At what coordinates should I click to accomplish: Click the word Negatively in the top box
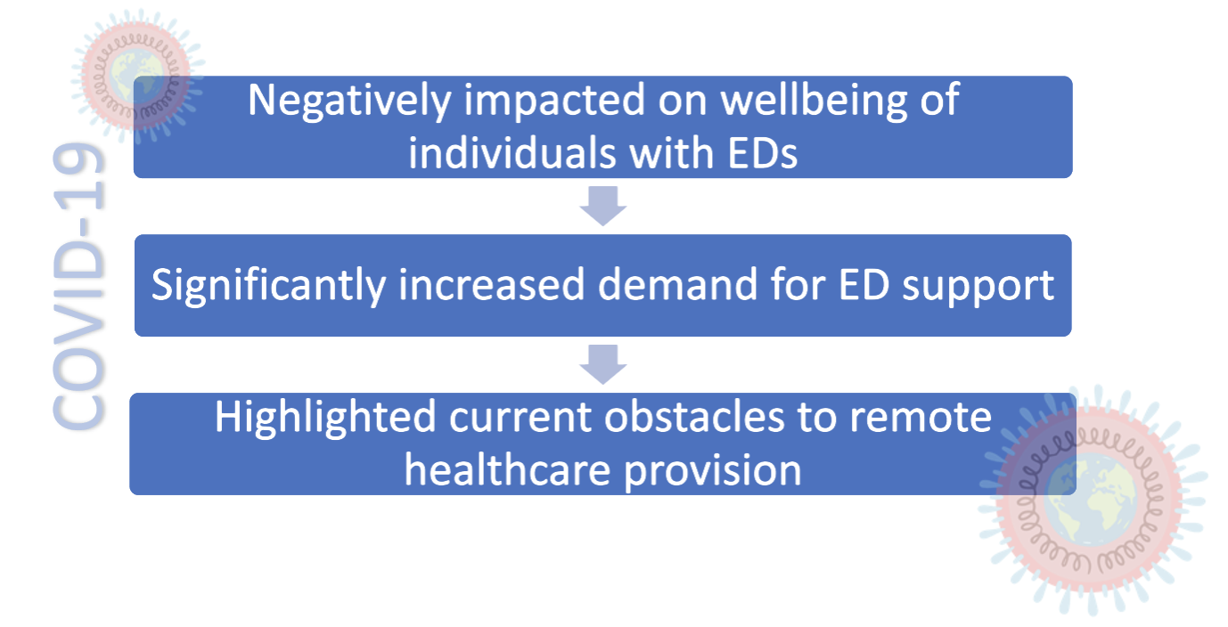coord(349,102)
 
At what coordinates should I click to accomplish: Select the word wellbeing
coord(814,102)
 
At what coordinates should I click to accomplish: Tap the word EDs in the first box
coord(763,153)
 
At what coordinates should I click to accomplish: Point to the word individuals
coord(512,153)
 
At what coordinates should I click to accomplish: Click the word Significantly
coord(268,286)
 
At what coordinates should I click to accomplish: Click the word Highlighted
coord(325,419)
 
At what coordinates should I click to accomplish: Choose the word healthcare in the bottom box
coord(508,471)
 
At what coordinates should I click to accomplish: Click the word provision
coord(713,472)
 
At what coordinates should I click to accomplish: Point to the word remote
coord(921,419)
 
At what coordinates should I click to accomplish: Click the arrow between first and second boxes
coord(603,206)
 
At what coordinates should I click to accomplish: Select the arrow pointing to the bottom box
coord(603,364)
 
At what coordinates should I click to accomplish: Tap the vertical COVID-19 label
coord(78,286)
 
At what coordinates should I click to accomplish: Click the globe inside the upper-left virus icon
coord(135,76)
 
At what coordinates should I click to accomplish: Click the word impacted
coord(554,102)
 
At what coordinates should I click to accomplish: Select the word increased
coord(492,285)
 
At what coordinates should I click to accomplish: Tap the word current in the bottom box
coord(520,419)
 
